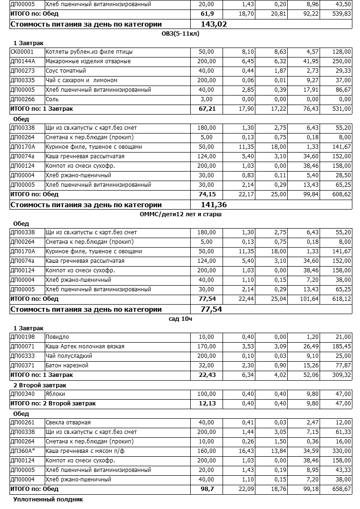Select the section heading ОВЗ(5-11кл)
click(181, 33)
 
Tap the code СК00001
click(22, 52)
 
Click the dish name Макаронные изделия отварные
click(88, 61)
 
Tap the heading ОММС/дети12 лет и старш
click(181, 214)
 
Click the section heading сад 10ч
click(181, 318)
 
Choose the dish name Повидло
click(57, 337)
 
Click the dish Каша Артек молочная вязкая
click(85, 346)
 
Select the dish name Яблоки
click(55, 394)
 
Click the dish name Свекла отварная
click(68, 423)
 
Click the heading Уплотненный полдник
click(48, 499)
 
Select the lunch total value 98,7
click(207, 489)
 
